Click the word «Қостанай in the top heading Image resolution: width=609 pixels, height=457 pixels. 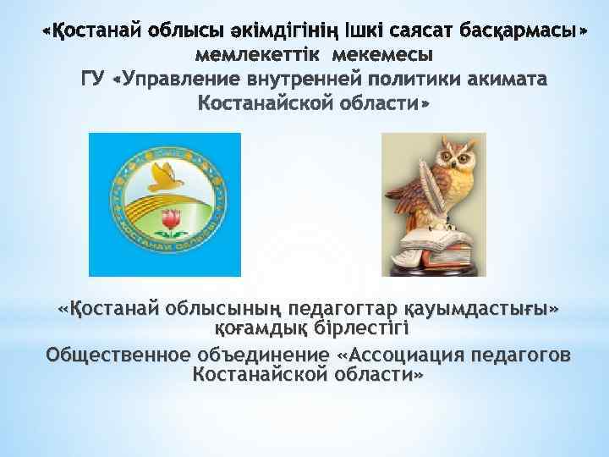(x=92, y=32)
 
